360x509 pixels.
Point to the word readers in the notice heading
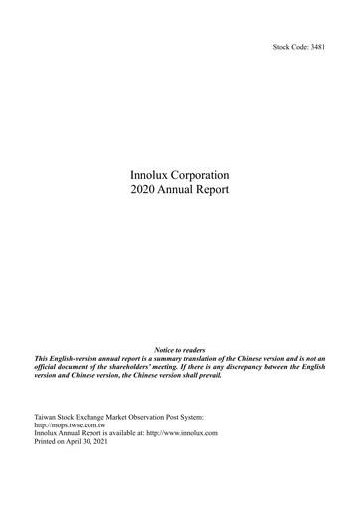(x=193, y=350)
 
